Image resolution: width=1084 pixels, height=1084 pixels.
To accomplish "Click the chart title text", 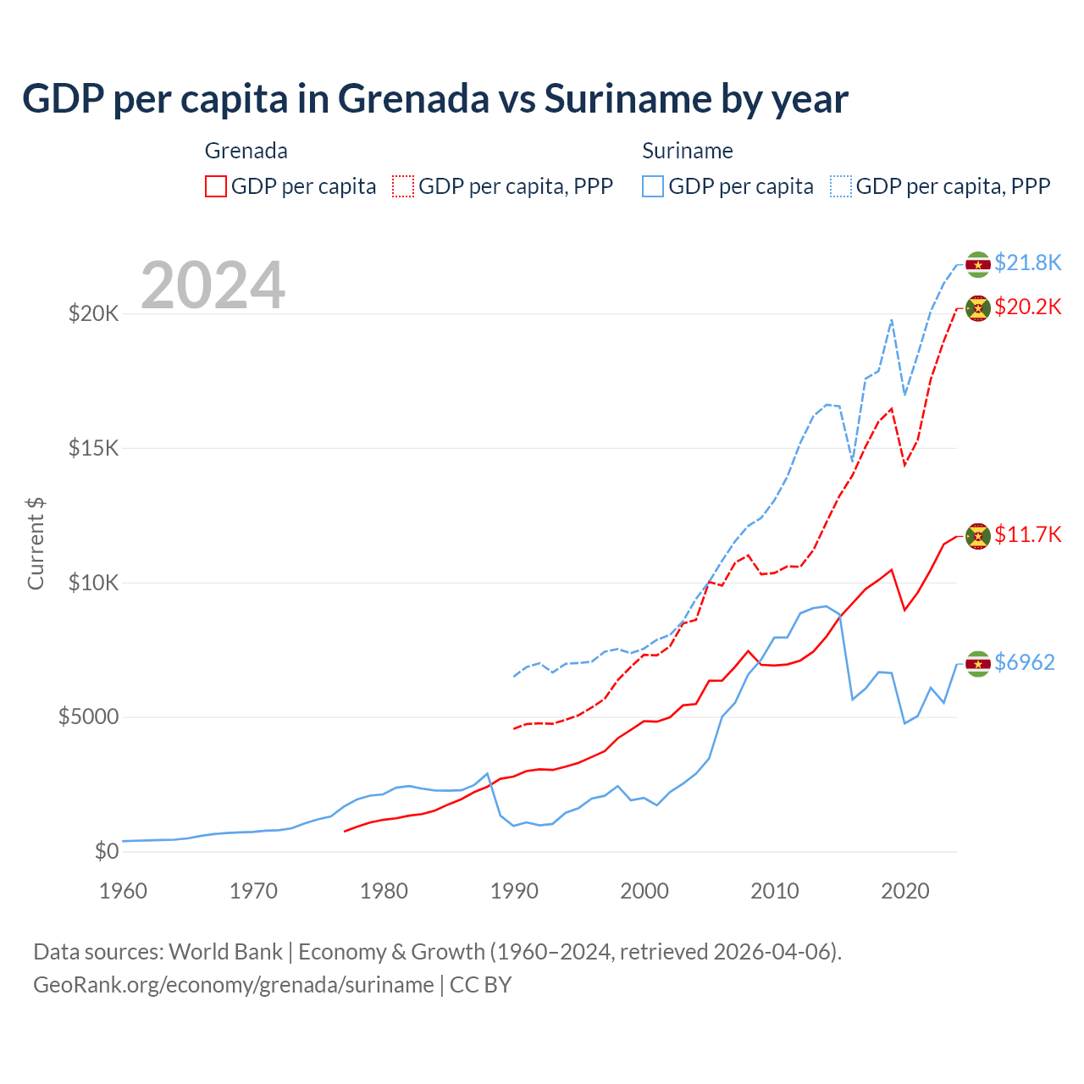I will point(434,99).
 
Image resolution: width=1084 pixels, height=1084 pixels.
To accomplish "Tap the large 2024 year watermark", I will point(213,285).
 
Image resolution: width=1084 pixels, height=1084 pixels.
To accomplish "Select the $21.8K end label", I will point(1027,263).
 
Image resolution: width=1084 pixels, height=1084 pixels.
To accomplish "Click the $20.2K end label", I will point(1027,307).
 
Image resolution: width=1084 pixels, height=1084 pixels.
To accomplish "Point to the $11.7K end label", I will point(1027,534).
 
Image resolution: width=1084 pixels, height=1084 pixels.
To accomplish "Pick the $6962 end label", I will point(1024,662).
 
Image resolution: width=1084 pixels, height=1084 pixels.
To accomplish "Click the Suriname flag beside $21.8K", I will point(978,264).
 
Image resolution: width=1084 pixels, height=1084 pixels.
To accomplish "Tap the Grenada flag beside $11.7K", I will point(978,536).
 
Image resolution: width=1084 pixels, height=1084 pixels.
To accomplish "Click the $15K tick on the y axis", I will point(93,448).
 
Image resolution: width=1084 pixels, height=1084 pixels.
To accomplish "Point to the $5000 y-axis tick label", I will point(88,717).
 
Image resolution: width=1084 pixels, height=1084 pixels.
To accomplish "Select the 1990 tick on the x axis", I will point(514,891).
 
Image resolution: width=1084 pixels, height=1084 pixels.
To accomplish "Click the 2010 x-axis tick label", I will point(775,891).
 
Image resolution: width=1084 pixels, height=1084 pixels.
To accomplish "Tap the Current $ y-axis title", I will point(36,544).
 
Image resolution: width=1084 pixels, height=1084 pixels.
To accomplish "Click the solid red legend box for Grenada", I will point(216,186).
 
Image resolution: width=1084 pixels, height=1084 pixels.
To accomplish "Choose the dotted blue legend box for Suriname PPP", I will point(841,186).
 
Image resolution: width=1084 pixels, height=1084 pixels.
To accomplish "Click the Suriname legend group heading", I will point(687,151).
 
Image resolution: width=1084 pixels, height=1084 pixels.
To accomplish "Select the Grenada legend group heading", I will point(246,151).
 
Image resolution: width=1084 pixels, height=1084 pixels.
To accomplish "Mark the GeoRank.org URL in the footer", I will point(233,985).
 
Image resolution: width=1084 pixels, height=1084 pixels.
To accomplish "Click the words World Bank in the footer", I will point(225,952).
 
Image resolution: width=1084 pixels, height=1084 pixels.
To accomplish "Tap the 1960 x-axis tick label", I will point(124,891).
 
